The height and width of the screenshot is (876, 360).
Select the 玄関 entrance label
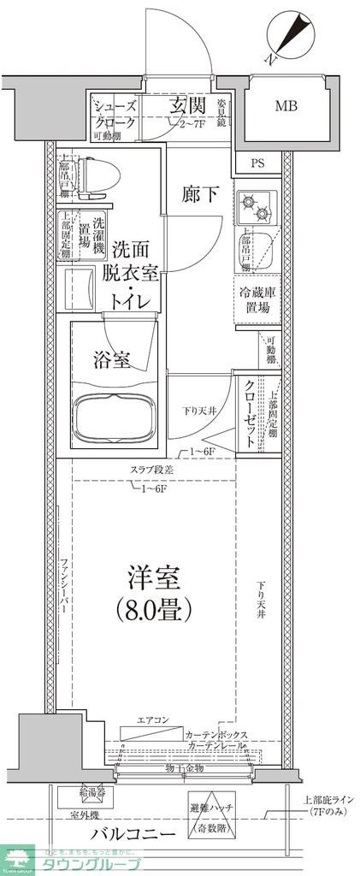(x=187, y=106)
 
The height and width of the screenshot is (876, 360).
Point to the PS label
(x=257, y=163)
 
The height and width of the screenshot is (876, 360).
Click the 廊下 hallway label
(x=200, y=194)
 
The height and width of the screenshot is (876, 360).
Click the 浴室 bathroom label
(x=112, y=360)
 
